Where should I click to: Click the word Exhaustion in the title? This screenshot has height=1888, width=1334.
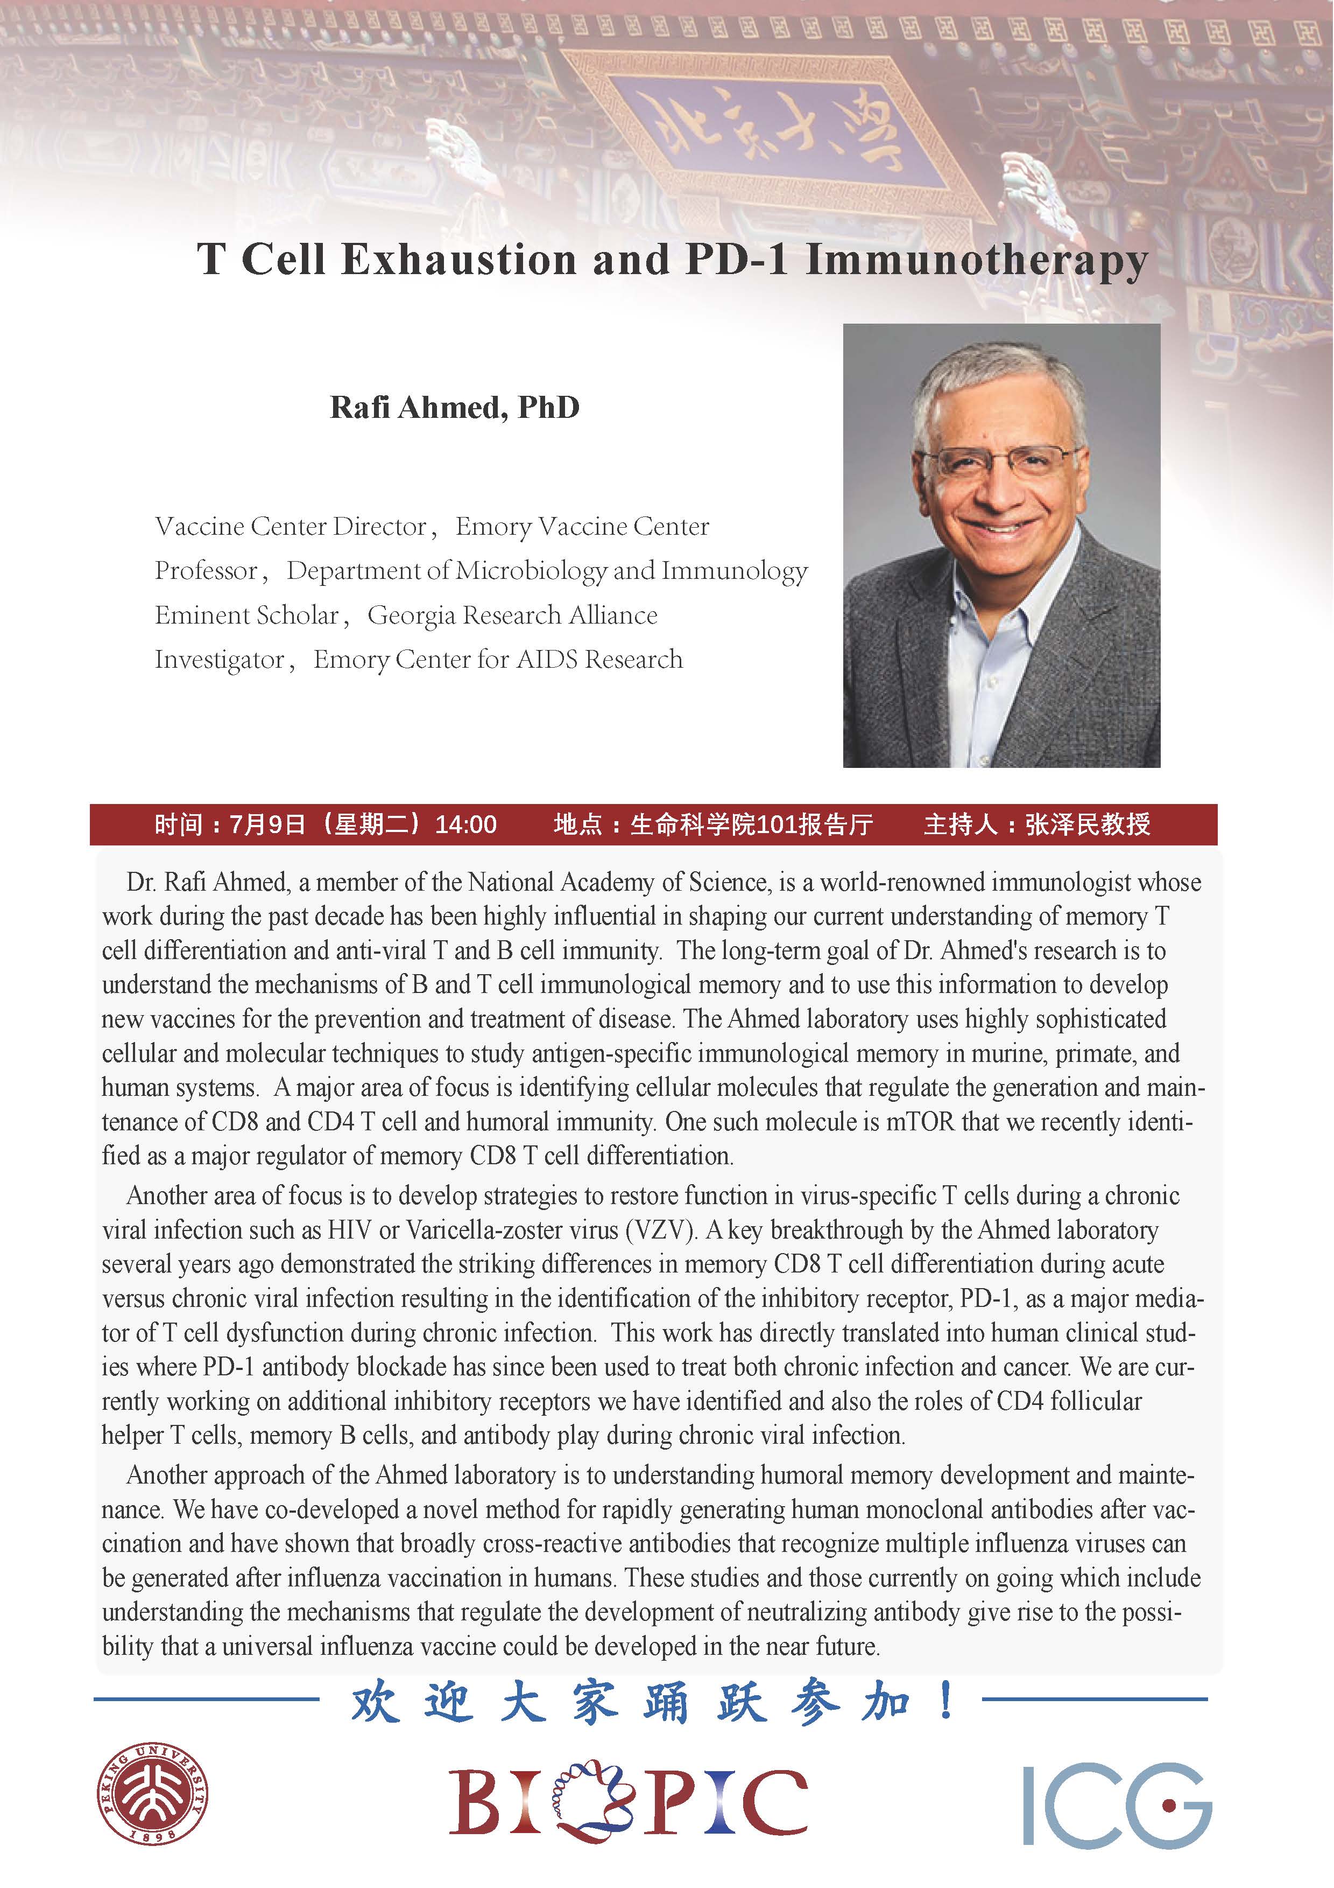pos(458,260)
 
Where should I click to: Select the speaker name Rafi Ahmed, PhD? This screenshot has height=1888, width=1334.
pos(455,407)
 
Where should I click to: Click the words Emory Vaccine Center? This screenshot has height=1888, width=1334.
pos(582,526)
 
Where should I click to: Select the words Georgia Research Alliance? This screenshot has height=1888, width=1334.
pos(512,615)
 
